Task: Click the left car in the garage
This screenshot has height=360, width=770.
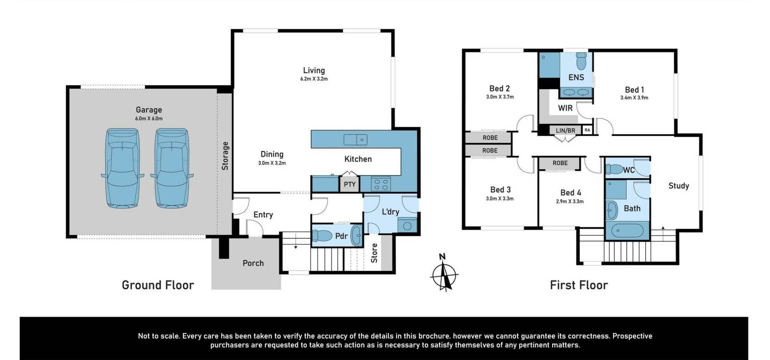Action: pyautogui.click(x=123, y=168)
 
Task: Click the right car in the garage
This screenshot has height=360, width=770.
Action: pyautogui.click(x=172, y=168)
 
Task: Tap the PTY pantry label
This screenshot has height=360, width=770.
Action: pyautogui.click(x=350, y=184)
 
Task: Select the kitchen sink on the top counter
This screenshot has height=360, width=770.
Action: pyautogui.click(x=355, y=140)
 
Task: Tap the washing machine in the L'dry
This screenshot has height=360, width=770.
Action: pyautogui.click(x=407, y=225)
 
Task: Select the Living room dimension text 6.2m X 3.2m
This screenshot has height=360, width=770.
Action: pyautogui.click(x=314, y=79)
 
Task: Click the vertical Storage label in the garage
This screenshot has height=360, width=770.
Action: pyautogui.click(x=225, y=156)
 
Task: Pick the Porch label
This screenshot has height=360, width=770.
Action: pyautogui.click(x=253, y=263)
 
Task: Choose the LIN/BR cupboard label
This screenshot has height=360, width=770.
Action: pyautogui.click(x=565, y=131)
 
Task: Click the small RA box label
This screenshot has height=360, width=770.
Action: pyautogui.click(x=587, y=130)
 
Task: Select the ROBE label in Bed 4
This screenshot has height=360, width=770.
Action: pyautogui.click(x=560, y=163)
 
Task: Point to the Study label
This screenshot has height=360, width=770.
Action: pyautogui.click(x=679, y=186)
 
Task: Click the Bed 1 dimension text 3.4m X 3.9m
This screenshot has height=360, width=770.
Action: pyautogui.click(x=634, y=97)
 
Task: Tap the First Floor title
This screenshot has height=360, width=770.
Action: pyautogui.click(x=579, y=285)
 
